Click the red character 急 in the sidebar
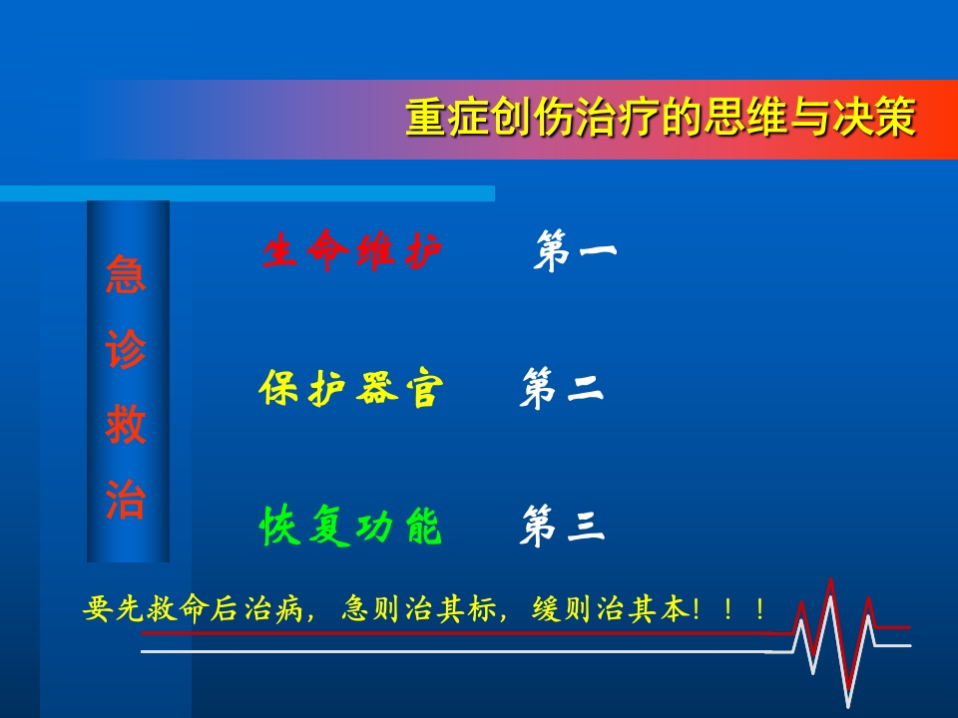[127, 275]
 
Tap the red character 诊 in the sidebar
[127, 351]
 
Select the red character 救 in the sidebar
[127, 426]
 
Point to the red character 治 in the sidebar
[127, 500]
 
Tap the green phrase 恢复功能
[350, 528]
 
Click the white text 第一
[575, 252]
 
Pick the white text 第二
[562, 390]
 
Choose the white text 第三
[562, 528]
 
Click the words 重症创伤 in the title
[469, 119]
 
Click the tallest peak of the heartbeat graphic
[831, 581]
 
